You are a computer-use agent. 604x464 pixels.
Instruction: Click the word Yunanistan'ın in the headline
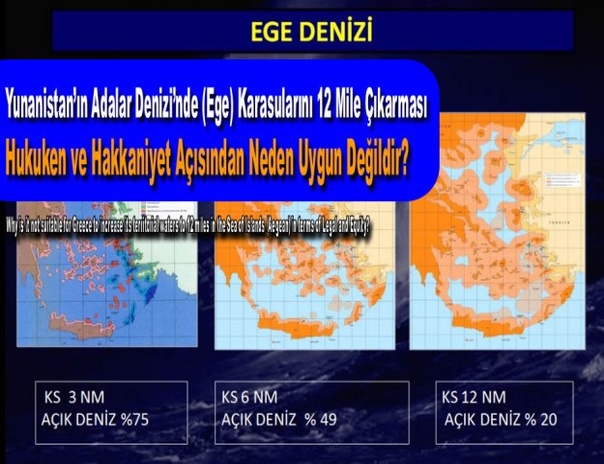coord(45,101)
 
